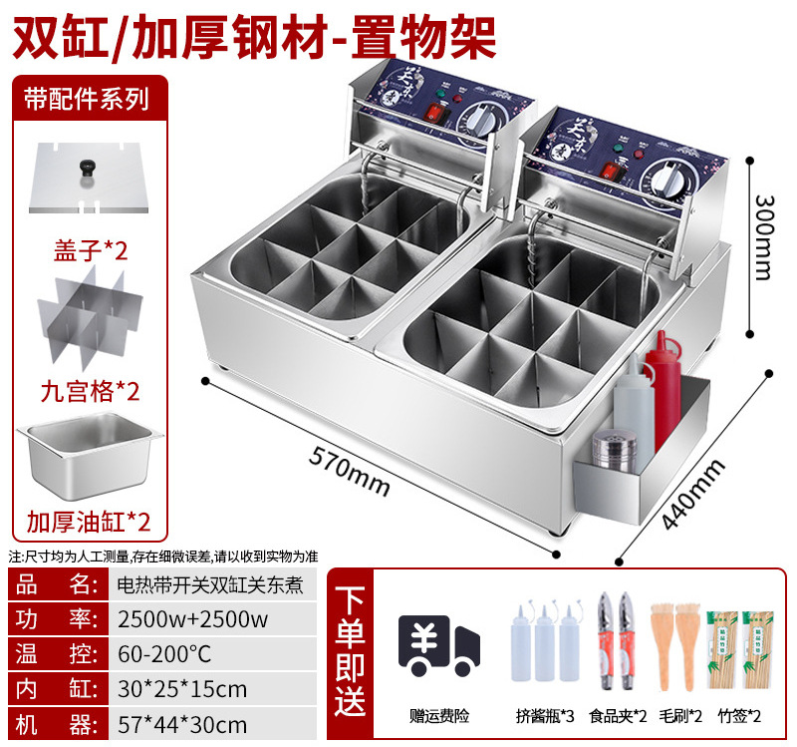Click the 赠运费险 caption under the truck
(x=436, y=715)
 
